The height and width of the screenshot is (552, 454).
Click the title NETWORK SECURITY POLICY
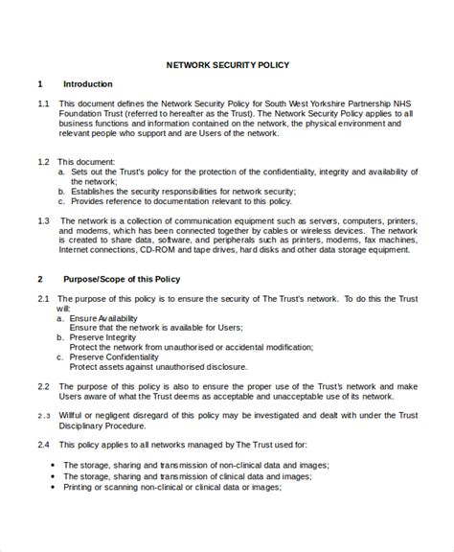(x=227, y=65)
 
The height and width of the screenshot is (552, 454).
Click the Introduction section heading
(x=87, y=84)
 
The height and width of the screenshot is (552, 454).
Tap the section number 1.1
(x=43, y=103)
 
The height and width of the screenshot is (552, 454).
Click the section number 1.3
(x=43, y=219)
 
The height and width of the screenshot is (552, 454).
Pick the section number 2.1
(x=43, y=300)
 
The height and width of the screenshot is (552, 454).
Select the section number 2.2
(x=43, y=386)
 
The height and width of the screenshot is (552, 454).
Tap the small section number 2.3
(x=43, y=417)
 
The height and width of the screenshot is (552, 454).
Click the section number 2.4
(x=43, y=446)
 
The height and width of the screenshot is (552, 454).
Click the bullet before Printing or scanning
(x=50, y=487)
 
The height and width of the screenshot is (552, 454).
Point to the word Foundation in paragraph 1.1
(x=81, y=113)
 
